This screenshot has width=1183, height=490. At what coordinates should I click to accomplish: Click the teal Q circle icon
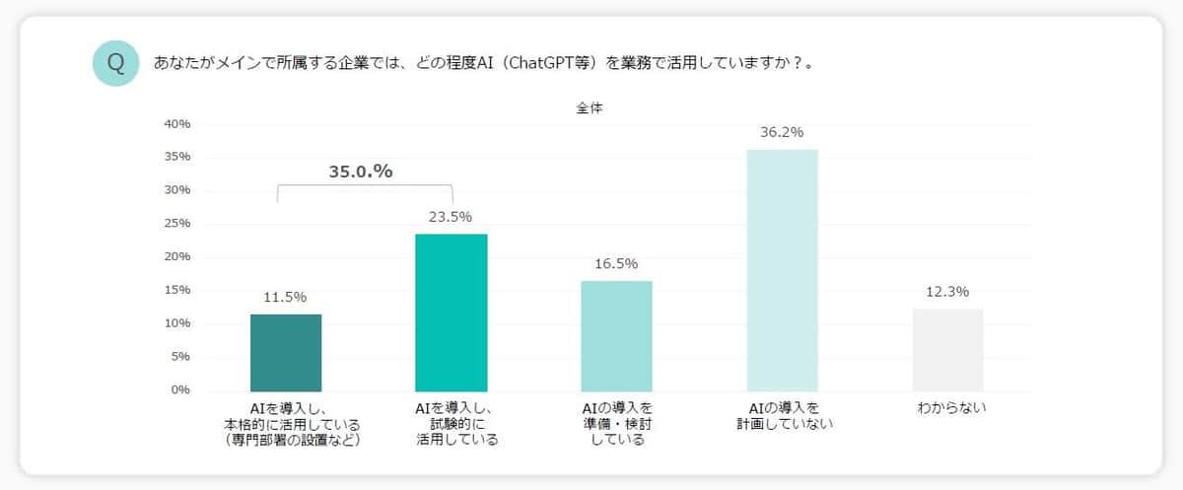tap(115, 64)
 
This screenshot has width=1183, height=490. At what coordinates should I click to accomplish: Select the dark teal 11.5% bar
tap(286, 352)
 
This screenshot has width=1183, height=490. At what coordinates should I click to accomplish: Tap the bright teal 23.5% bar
tap(452, 312)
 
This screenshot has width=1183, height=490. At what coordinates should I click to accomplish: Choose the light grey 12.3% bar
tap(947, 349)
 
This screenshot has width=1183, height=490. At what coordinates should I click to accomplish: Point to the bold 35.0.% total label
tap(361, 172)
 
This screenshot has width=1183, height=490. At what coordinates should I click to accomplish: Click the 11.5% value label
tap(285, 297)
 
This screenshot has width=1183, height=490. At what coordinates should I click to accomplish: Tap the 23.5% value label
tap(451, 217)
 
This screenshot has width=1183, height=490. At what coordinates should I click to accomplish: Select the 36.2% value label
tap(782, 132)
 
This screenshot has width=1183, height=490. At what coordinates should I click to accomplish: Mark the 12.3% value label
tap(947, 292)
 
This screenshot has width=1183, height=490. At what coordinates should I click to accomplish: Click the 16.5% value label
tap(616, 264)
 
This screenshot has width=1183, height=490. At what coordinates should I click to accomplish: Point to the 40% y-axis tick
tap(177, 124)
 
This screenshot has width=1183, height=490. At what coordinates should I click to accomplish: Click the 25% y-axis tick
tap(177, 224)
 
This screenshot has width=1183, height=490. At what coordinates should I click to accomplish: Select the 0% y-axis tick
tap(180, 389)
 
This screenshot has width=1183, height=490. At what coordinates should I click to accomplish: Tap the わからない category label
tap(947, 407)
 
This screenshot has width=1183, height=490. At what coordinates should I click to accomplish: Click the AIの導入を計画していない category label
tap(784, 415)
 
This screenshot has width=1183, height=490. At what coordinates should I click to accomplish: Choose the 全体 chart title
tap(590, 108)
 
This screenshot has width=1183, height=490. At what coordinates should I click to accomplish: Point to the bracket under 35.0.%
tap(365, 186)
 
